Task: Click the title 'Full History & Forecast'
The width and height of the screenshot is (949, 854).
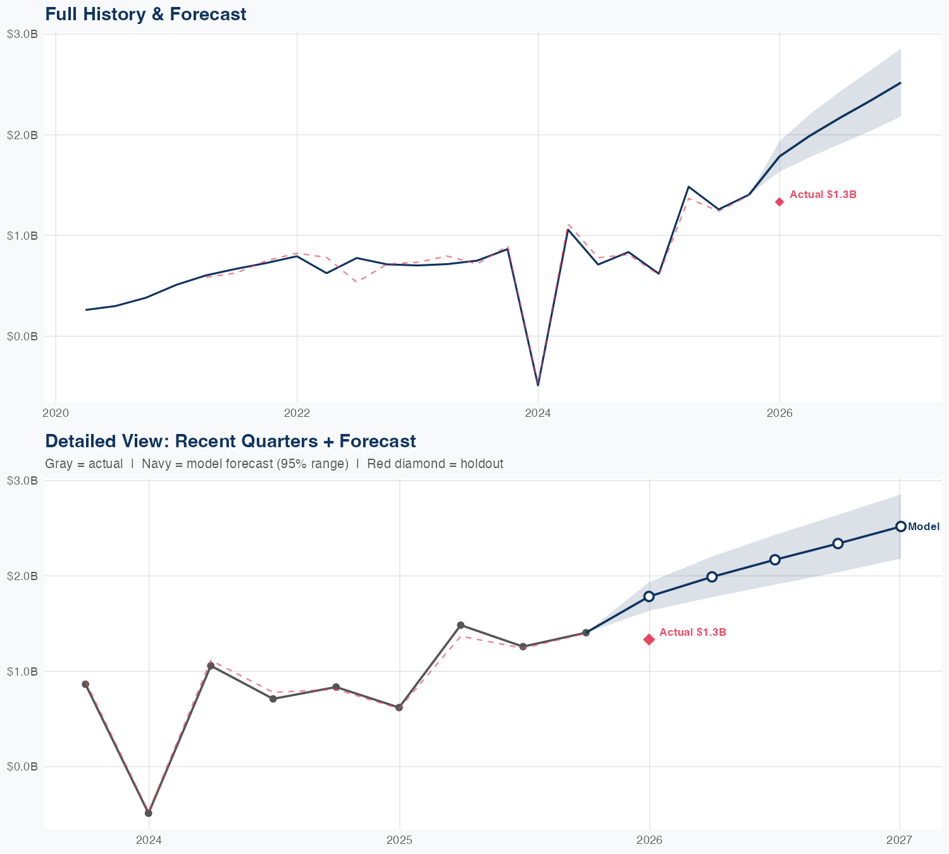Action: point(146,14)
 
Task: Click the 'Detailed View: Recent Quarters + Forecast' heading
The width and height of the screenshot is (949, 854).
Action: point(230,441)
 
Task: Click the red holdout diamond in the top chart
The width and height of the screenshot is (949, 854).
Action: point(779,202)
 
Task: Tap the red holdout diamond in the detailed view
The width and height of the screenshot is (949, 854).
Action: point(649,640)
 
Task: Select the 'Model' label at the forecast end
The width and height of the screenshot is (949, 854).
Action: point(924,526)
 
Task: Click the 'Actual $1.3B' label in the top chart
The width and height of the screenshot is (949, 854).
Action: point(823,195)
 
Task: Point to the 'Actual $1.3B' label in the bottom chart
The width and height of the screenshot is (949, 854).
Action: point(693,633)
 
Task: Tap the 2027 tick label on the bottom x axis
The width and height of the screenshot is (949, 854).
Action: point(899,840)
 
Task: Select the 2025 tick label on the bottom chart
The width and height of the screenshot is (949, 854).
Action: point(399,840)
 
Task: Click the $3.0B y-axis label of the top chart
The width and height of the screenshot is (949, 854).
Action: point(22,34)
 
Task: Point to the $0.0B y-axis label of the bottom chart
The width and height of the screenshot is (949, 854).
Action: point(22,767)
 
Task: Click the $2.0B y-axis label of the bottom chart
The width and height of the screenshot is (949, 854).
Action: point(22,576)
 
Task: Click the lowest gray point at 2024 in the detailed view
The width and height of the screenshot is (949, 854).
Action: point(149,813)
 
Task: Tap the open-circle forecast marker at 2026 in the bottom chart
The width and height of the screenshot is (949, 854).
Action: point(649,597)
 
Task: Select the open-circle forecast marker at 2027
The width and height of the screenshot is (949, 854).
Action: point(901,526)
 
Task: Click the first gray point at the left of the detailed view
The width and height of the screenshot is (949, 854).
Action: point(85,684)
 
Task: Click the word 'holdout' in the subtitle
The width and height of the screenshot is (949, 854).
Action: point(481,464)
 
